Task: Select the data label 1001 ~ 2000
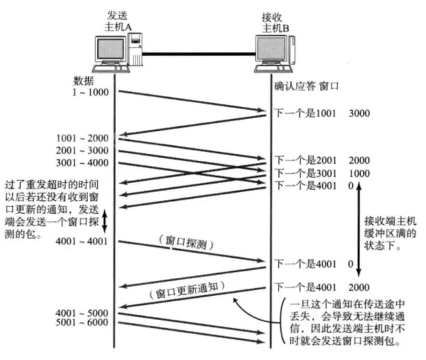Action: click(83, 138)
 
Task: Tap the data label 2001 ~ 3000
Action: click(83, 150)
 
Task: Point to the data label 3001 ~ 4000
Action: click(83, 162)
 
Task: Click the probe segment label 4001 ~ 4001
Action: click(83, 241)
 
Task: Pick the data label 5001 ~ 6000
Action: click(83, 323)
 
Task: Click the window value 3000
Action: click(359, 113)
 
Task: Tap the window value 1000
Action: click(359, 173)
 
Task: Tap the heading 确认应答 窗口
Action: click(306, 85)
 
